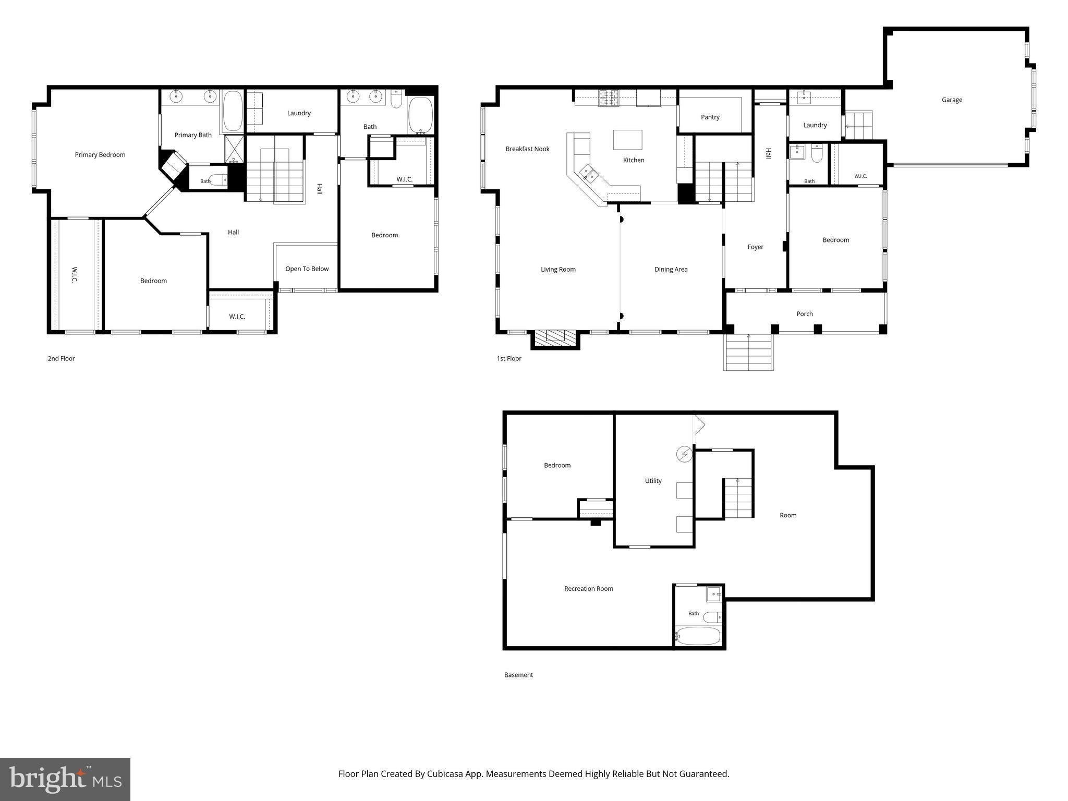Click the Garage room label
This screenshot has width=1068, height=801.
(x=952, y=100)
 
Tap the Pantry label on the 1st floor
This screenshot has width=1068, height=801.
(x=710, y=117)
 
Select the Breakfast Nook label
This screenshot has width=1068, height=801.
(x=527, y=149)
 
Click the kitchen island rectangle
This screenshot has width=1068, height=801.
(x=627, y=140)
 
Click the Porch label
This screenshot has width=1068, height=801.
(x=805, y=314)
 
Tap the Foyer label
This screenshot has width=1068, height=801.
(x=755, y=247)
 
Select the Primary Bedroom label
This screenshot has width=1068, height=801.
(x=100, y=155)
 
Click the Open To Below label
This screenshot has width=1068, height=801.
(x=307, y=269)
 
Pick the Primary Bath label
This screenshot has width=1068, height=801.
(x=193, y=135)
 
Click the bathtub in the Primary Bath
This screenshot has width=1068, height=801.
(x=233, y=111)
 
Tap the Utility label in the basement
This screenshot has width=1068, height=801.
(x=653, y=481)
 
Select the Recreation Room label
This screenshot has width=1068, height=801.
(x=589, y=589)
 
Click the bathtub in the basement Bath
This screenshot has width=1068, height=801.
(x=698, y=636)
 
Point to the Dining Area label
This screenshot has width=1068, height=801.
(x=671, y=270)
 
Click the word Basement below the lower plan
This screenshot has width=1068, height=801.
(x=518, y=675)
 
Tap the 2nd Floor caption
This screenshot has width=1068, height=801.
(x=62, y=359)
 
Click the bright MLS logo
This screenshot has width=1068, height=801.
(x=65, y=780)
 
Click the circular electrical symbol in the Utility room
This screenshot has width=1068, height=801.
(x=684, y=454)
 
